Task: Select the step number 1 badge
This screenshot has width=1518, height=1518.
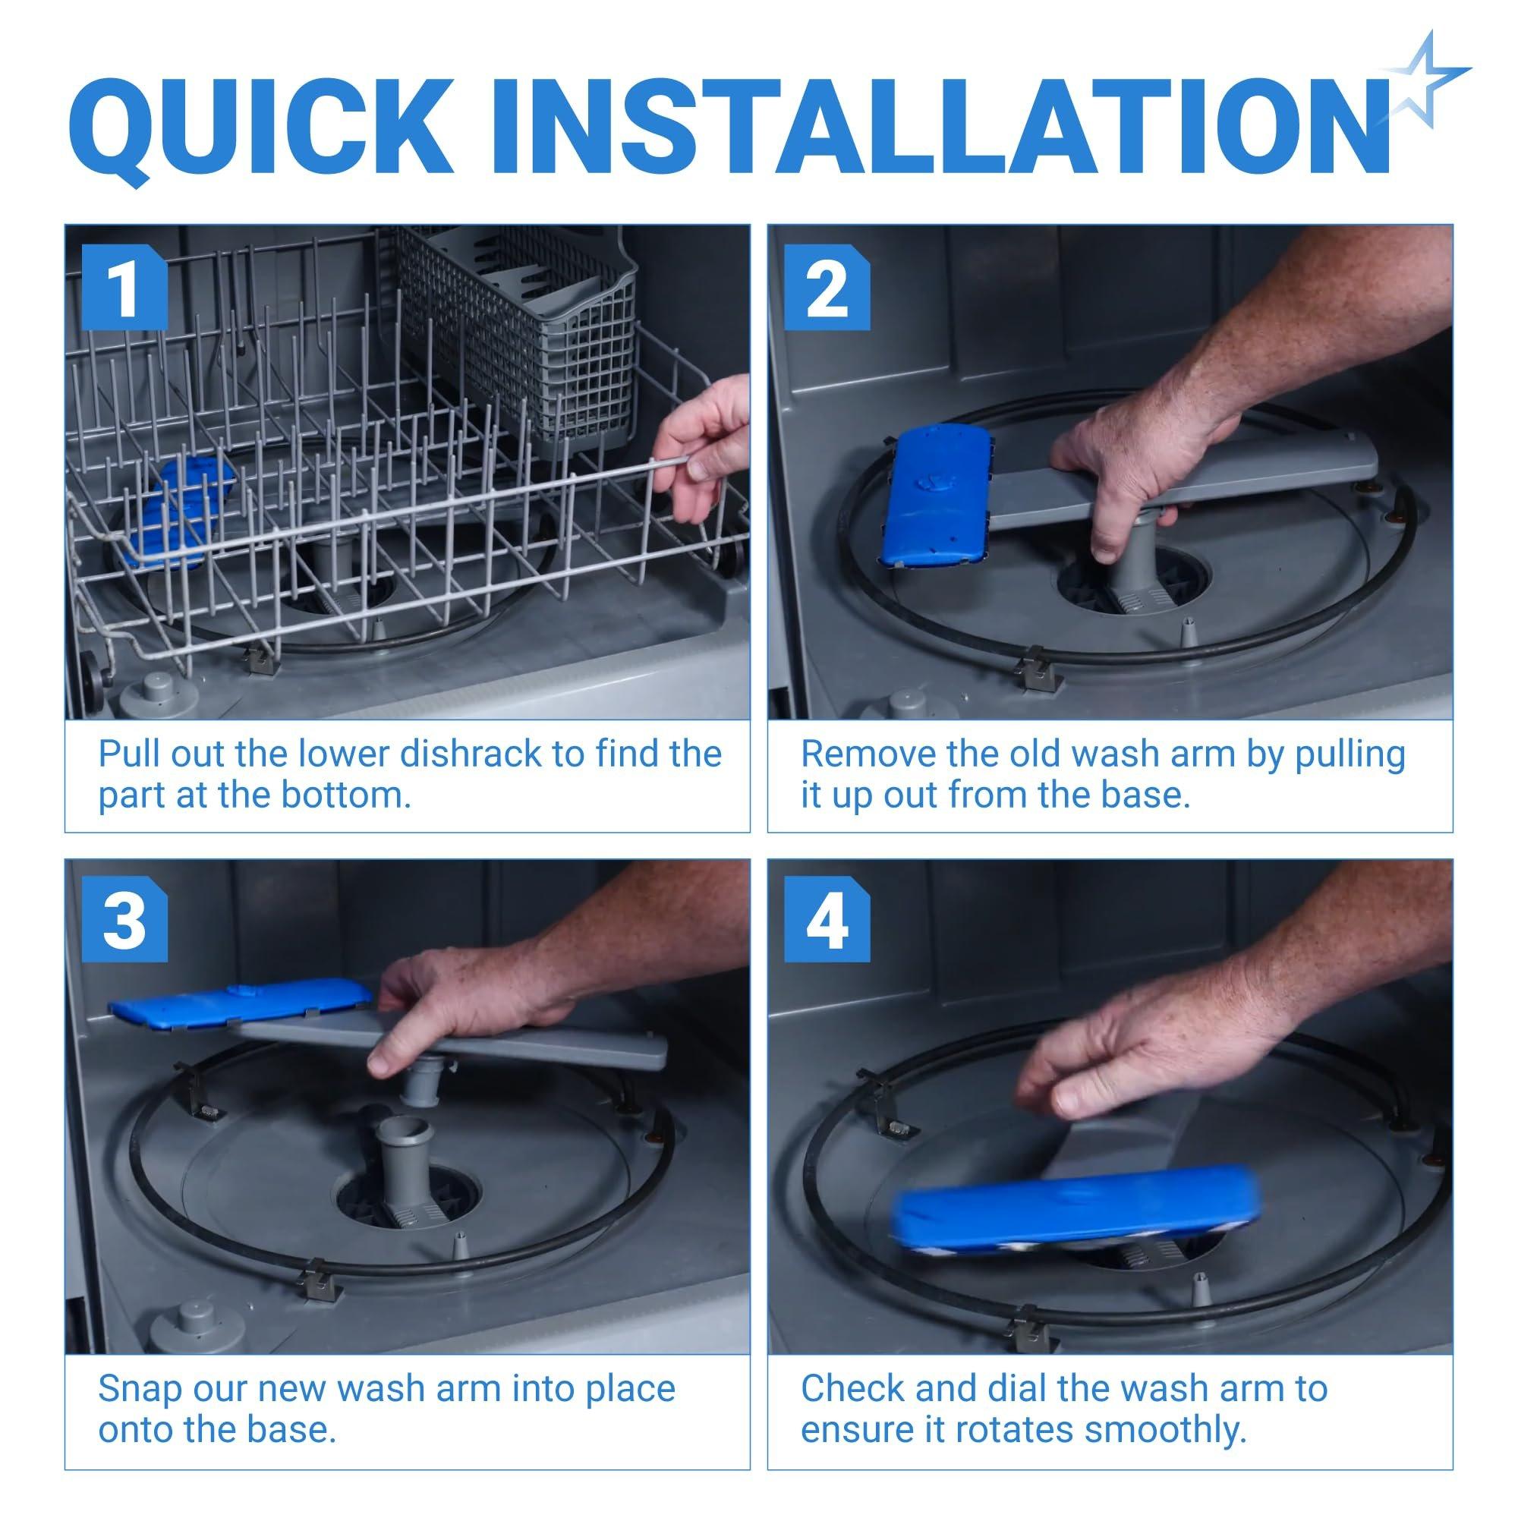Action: point(125,288)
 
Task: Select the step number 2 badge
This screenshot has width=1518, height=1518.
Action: point(827,288)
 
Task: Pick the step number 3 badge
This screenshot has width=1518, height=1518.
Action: point(125,921)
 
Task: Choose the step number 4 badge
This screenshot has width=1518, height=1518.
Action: point(827,921)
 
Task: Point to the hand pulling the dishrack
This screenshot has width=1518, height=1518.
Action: point(701,448)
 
